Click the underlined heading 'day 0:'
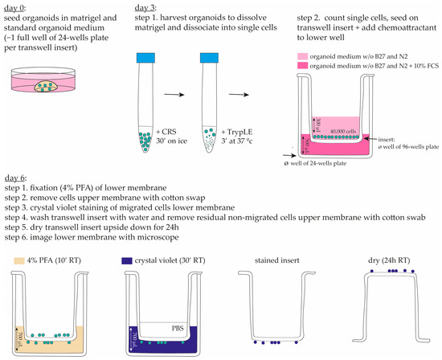pyautogui.click(x=17, y=6)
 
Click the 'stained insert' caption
pyautogui.click(x=264, y=262)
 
